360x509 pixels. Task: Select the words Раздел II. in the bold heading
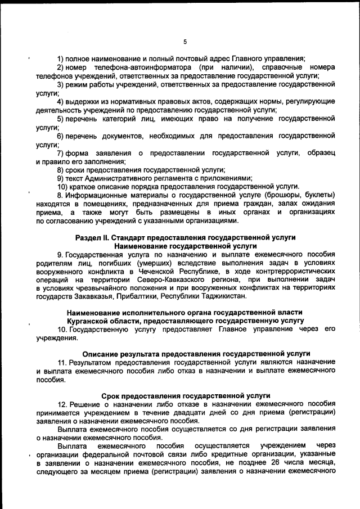94,237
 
